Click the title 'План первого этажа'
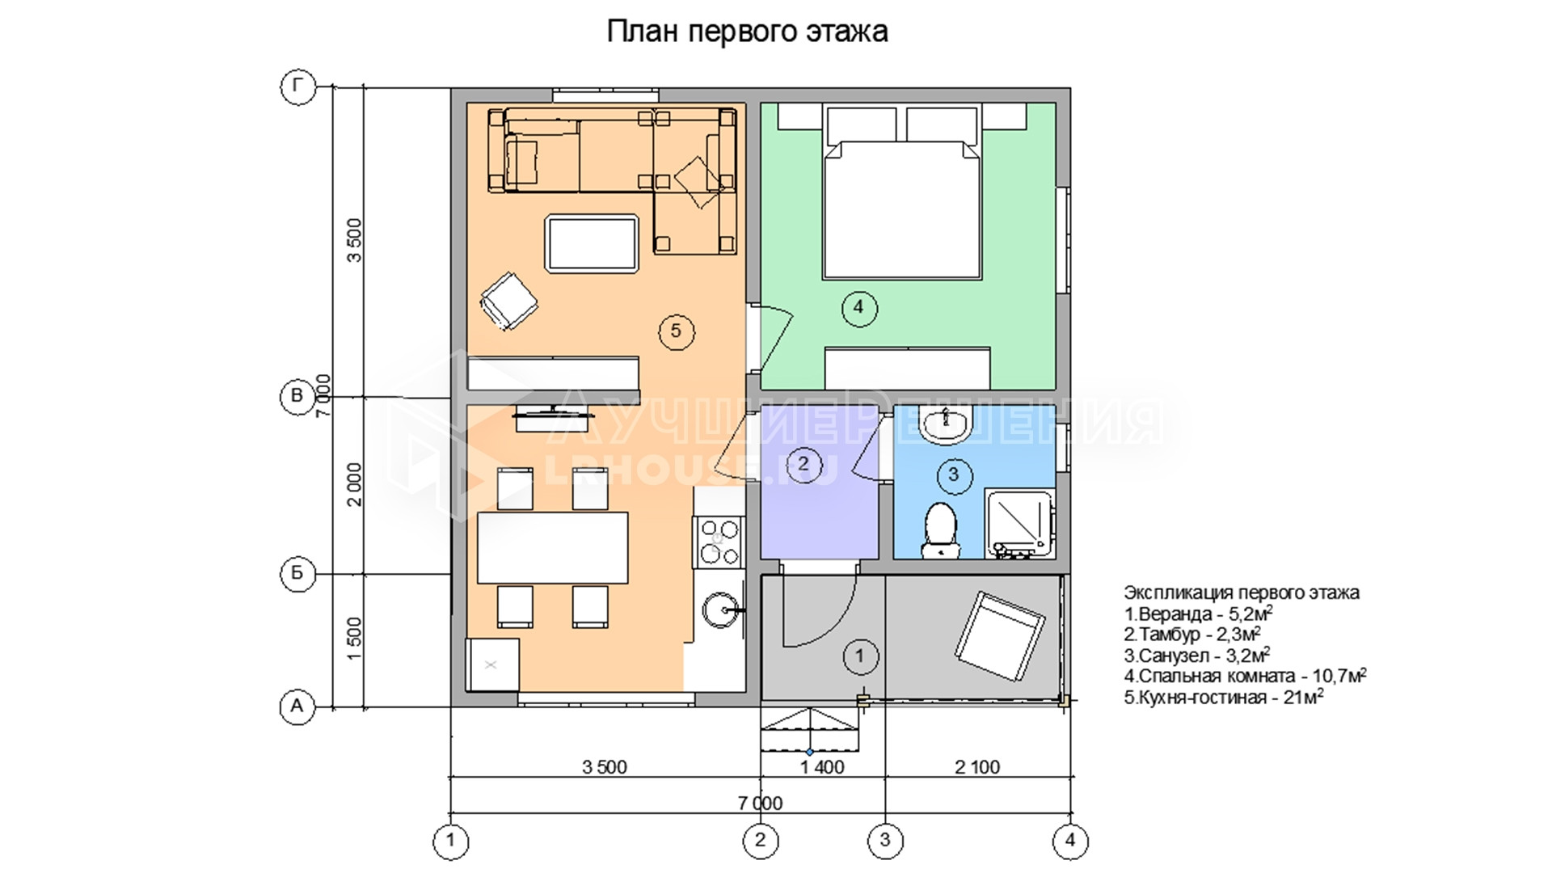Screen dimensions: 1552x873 coord(747,32)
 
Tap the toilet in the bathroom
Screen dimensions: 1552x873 coord(939,530)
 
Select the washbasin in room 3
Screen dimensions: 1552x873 coord(945,426)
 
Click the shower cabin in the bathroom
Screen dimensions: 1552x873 coord(1019,524)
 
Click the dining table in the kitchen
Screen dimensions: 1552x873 coord(553,548)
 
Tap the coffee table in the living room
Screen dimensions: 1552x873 coord(593,242)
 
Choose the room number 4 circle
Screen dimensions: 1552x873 coord(858,307)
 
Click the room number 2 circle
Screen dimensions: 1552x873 coord(803,464)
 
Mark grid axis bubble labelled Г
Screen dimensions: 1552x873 coord(297,86)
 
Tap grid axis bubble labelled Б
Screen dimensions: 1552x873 coord(297,574)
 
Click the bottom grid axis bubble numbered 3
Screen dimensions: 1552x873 coord(885,841)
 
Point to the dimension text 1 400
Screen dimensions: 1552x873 coord(823,767)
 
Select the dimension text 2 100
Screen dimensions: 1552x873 coord(977,767)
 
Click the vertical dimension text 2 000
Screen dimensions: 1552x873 coord(355,485)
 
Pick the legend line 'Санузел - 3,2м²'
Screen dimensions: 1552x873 coord(1197,655)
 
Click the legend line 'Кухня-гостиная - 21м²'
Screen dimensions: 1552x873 coord(1224,697)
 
